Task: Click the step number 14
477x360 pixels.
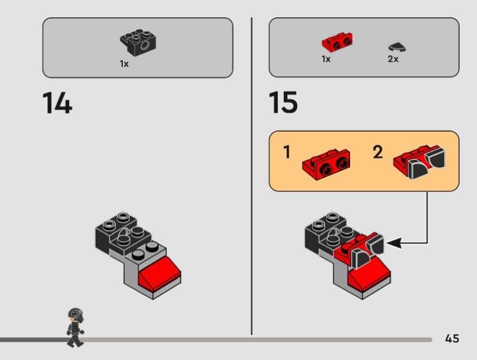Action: (57, 103)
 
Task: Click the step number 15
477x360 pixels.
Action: (283, 102)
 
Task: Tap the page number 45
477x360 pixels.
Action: (452, 339)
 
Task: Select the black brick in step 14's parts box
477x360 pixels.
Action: (138, 42)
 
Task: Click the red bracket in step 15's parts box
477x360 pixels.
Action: (337, 42)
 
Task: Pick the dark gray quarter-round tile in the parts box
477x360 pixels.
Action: (397, 47)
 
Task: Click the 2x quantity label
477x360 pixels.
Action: (393, 58)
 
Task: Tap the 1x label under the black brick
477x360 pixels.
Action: (124, 64)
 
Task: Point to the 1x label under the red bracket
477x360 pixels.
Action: (326, 58)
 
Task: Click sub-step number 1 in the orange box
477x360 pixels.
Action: (287, 152)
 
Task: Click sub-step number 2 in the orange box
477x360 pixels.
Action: (378, 152)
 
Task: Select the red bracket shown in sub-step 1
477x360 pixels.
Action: (326, 165)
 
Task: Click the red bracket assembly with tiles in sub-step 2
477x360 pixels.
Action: (419, 162)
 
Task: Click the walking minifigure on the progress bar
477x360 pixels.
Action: (75, 328)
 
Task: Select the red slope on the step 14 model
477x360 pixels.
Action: (160, 272)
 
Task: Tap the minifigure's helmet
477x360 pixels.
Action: (76, 315)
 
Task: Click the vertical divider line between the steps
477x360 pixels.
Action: (252, 176)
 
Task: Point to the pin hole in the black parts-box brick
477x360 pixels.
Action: (145, 46)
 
